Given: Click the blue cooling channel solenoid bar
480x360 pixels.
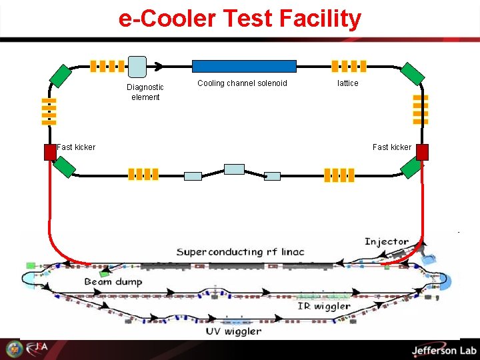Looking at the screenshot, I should tap(244, 66).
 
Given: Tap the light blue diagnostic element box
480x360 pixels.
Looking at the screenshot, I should tap(137, 66).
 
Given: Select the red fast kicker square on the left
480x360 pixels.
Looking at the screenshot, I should tap(50, 152).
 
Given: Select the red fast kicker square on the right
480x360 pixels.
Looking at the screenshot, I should tap(421, 152).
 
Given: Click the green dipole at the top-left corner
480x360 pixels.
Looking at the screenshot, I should tap(60, 76).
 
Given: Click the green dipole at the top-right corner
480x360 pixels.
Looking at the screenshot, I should tap(413, 75).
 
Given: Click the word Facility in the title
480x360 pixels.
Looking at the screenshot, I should tap(318, 19).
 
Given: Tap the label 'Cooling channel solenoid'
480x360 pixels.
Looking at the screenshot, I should tap(242, 83).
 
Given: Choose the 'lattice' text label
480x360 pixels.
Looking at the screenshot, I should tap(347, 83).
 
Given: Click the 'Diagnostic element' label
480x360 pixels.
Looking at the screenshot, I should tap(145, 92).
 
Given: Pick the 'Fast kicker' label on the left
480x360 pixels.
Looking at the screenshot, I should tap(76, 147).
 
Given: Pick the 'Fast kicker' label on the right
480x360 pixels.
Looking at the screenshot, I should tap(392, 147).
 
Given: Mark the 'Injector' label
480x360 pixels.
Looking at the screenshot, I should tap(387, 241).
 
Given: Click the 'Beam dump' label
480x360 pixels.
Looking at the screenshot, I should tap(113, 282).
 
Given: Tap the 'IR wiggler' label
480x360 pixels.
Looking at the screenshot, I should tap(324, 306).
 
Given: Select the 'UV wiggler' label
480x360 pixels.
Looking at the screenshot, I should tap(233, 331).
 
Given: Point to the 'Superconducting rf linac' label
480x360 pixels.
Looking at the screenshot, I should tap(240, 251).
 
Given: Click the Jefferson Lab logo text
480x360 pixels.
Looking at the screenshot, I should tap(443, 351).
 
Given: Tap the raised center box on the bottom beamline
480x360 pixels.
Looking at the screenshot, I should tap(234, 169).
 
